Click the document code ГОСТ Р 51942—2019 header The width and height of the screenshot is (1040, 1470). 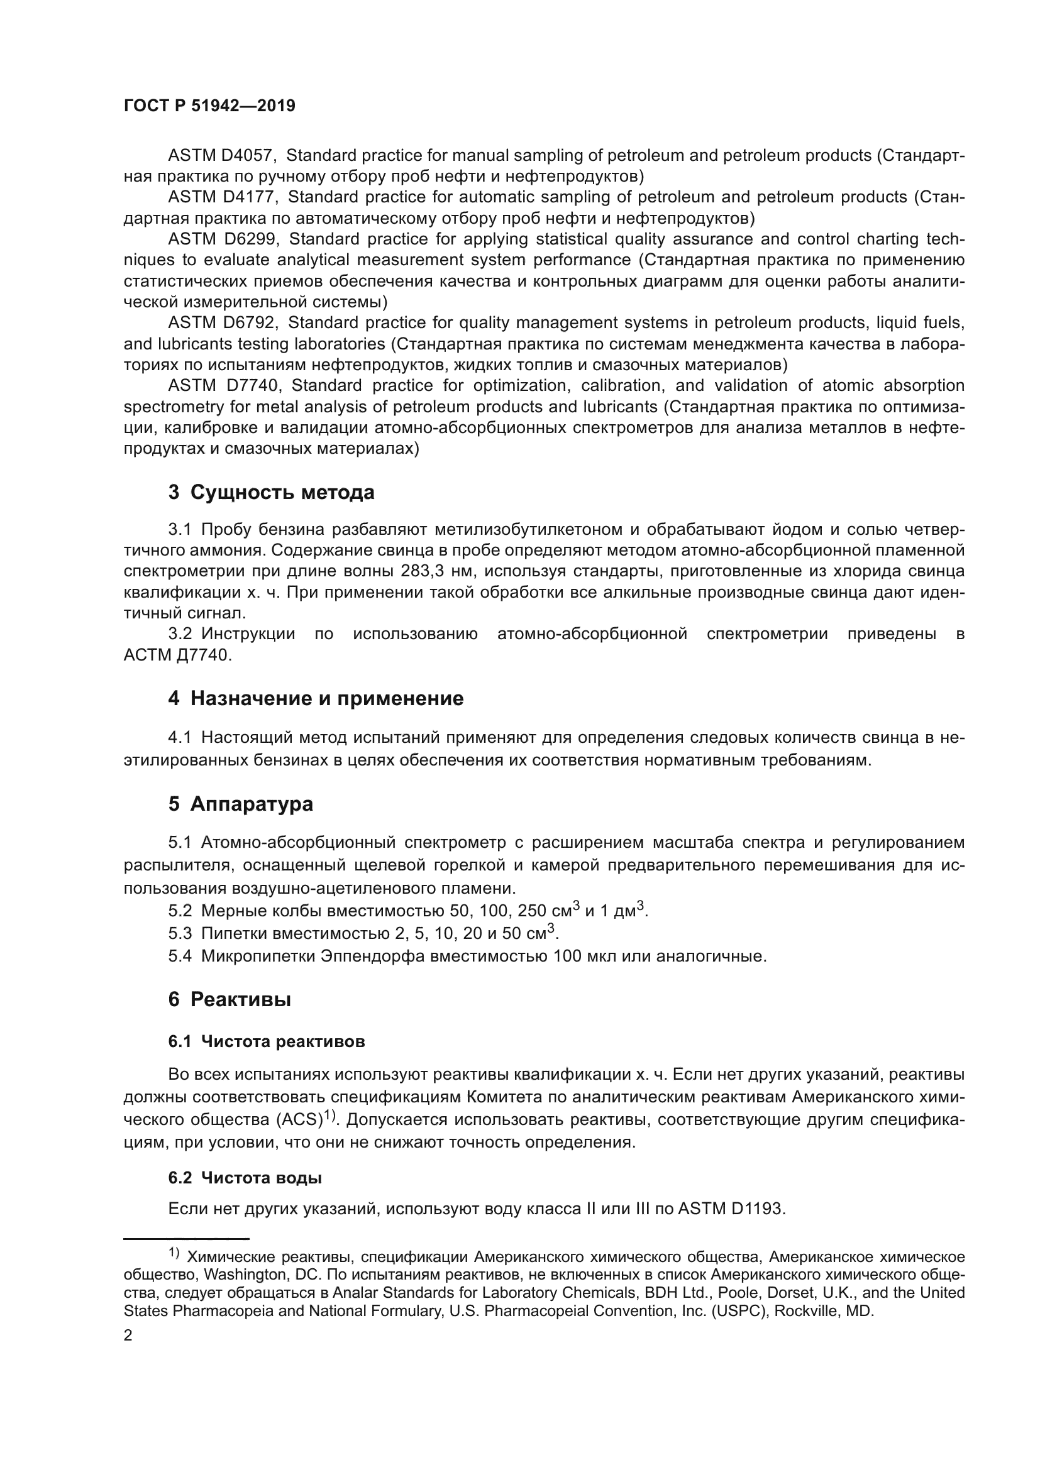[x=209, y=106]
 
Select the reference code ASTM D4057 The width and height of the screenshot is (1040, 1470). [x=221, y=156]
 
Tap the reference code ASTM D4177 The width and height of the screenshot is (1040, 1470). [x=221, y=197]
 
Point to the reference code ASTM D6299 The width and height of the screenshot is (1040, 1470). [x=221, y=239]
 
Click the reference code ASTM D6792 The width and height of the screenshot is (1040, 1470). [x=221, y=322]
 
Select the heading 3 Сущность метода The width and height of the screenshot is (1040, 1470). [x=271, y=493]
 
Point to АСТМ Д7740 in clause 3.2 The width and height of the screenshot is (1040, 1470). [x=177, y=655]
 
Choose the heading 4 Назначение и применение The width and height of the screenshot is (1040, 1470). [x=315, y=698]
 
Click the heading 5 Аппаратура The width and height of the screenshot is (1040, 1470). [x=240, y=804]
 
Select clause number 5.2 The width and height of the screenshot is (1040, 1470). [x=180, y=911]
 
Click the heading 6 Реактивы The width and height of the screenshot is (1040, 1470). [x=230, y=999]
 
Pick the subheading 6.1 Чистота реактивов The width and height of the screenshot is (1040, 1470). [x=267, y=1041]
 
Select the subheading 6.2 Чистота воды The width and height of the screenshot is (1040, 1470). [x=245, y=1178]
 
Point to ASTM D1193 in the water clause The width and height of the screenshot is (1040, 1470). [x=729, y=1209]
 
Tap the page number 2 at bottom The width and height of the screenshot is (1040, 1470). [x=128, y=1335]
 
